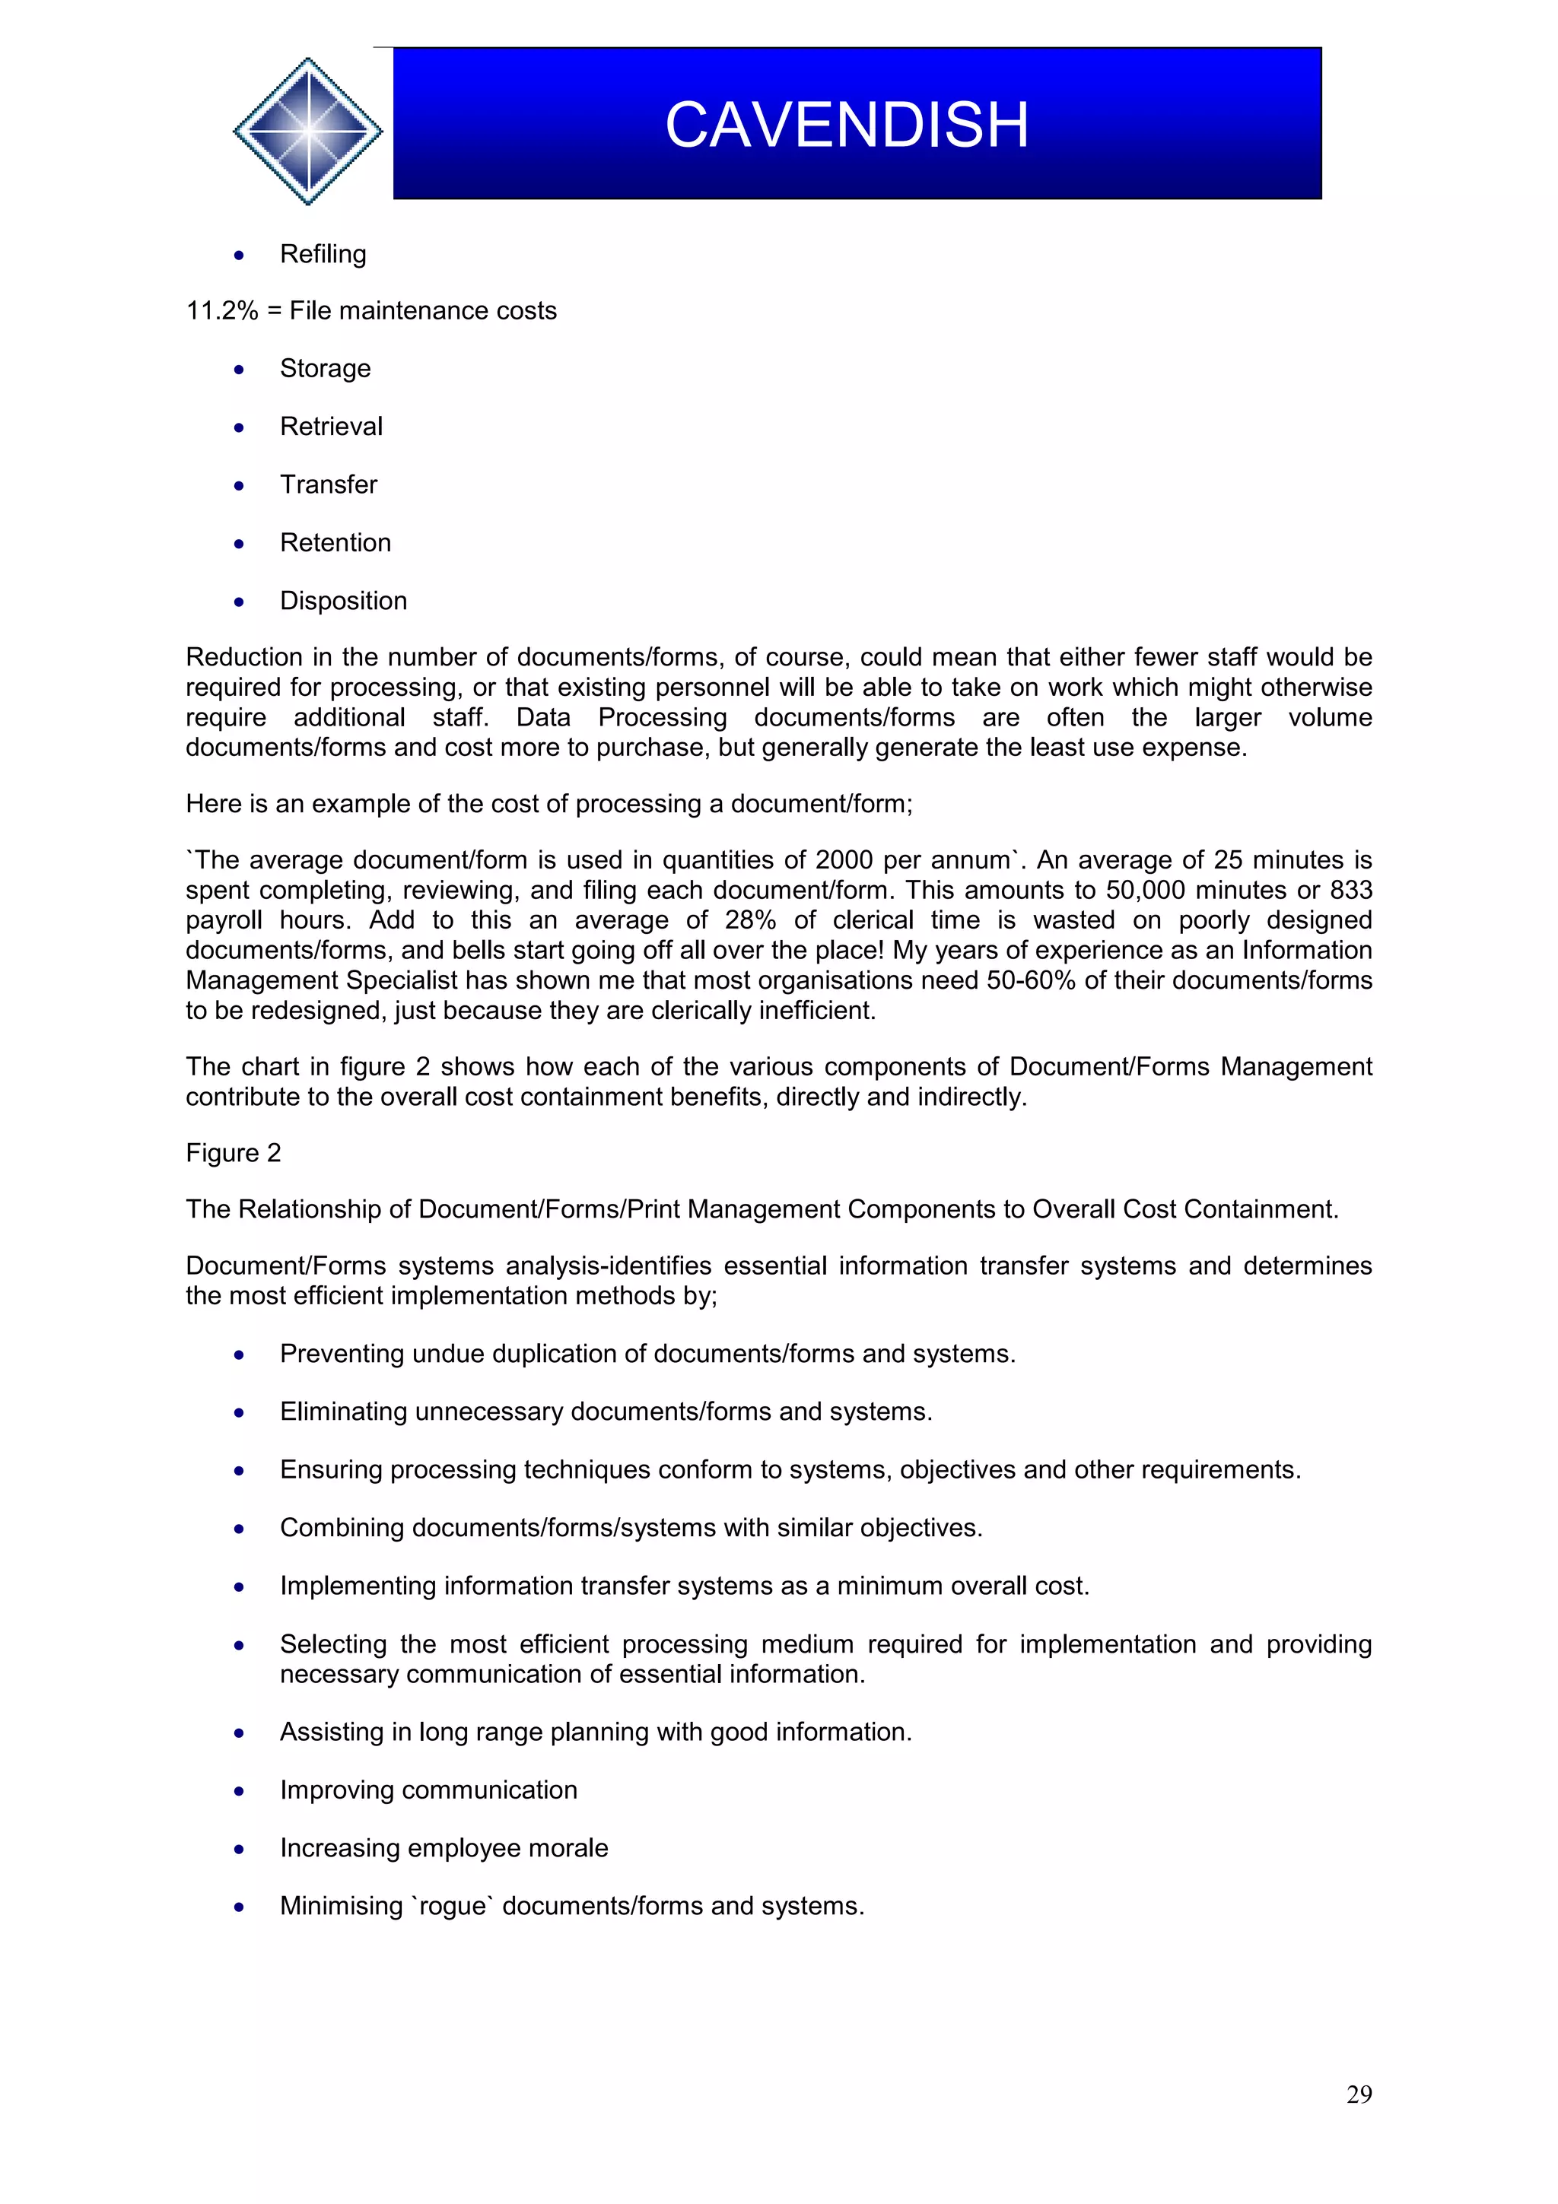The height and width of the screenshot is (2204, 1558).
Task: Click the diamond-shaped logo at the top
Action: point(307,131)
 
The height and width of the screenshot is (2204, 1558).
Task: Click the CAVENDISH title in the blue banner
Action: point(847,125)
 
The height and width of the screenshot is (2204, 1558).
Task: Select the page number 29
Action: point(1359,2094)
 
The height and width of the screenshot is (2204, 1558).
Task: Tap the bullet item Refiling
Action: point(323,253)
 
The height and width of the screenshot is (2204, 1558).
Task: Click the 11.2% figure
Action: point(221,311)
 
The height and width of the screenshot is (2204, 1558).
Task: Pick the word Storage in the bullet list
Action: point(325,369)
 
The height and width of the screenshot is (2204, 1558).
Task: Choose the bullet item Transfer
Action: point(329,484)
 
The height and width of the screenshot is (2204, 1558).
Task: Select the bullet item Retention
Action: point(335,542)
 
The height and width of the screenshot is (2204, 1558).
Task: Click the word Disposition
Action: point(342,601)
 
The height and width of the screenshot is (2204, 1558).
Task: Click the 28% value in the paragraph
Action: point(750,919)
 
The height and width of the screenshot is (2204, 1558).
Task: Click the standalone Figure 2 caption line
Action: point(234,1153)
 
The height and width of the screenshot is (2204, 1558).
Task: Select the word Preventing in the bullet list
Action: point(342,1354)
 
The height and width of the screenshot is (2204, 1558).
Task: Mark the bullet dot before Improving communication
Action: point(239,1791)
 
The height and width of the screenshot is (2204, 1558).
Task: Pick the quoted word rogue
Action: point(451,1907)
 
